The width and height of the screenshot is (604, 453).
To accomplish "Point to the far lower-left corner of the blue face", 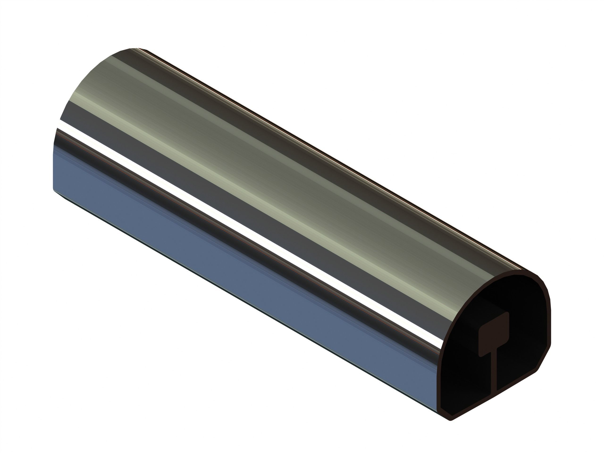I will click(54, 189).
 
